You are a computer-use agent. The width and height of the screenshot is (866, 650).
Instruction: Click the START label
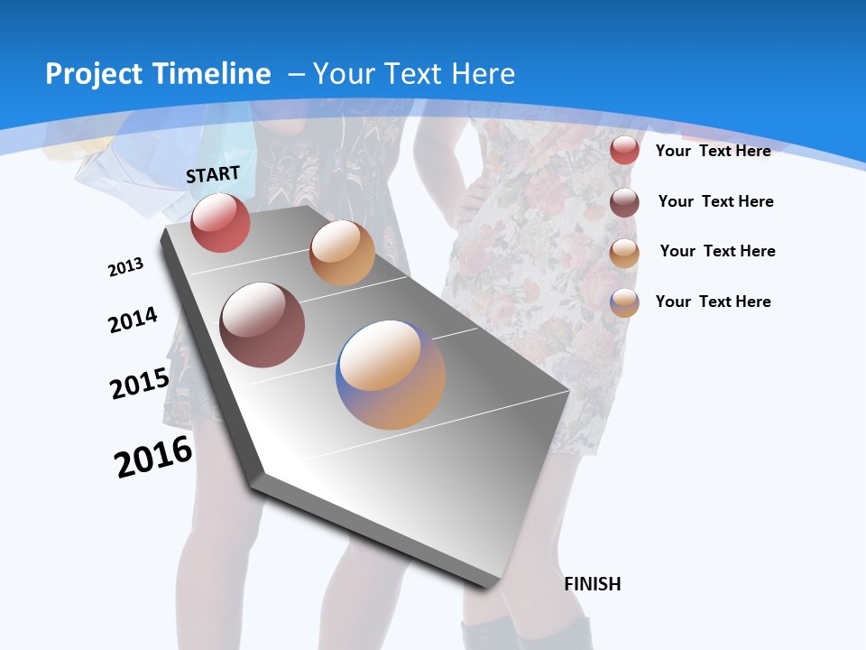pyautogui.click(x=213, y=174)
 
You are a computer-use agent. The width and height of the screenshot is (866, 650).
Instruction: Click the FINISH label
pyautogui.click(x=592, y=584)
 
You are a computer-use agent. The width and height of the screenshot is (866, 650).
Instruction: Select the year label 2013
pyautogui.click(x=125, y=267)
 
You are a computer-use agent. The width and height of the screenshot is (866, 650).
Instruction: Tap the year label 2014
pyautogui.click(x=133, y=320)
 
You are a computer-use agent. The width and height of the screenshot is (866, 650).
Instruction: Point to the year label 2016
pyautogui.click(x=153, y=457)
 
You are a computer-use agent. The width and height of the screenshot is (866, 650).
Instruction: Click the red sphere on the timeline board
pyautogui.click(x=220, y=223)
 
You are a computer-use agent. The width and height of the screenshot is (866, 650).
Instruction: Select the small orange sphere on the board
pyautogui.click(x=342, y=253)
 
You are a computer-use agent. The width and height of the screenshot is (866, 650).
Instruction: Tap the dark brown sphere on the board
pyautogui.click(x=262, y=325)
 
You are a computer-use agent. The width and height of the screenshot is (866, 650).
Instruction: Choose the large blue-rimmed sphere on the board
pyautogui.click(x=391, y=375)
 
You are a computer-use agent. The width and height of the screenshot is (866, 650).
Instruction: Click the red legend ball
pyautogui.click(x=624, y=150)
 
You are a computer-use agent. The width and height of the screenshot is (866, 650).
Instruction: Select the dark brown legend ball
pyautogui.click(x=624, y=202)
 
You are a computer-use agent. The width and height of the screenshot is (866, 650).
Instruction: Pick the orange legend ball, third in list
pyautogui.click(x=624, y=253)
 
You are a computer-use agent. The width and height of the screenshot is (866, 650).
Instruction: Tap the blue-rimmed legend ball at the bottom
pyautogui.click(x=624, y=302)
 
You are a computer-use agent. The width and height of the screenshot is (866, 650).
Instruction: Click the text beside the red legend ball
pyautogui.click(x=713, y=151)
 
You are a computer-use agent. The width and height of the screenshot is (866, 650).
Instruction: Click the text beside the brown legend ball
pyautogui.click(x=715, y=201)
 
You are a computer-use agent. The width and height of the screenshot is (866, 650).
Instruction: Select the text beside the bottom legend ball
pyautogui.click(x=713, y=302)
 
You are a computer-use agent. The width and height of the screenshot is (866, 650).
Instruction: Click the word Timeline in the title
pyautogui.click(x=215, y=74)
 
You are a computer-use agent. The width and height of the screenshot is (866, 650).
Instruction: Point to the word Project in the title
pyautogui.click(x=95, y=74)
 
